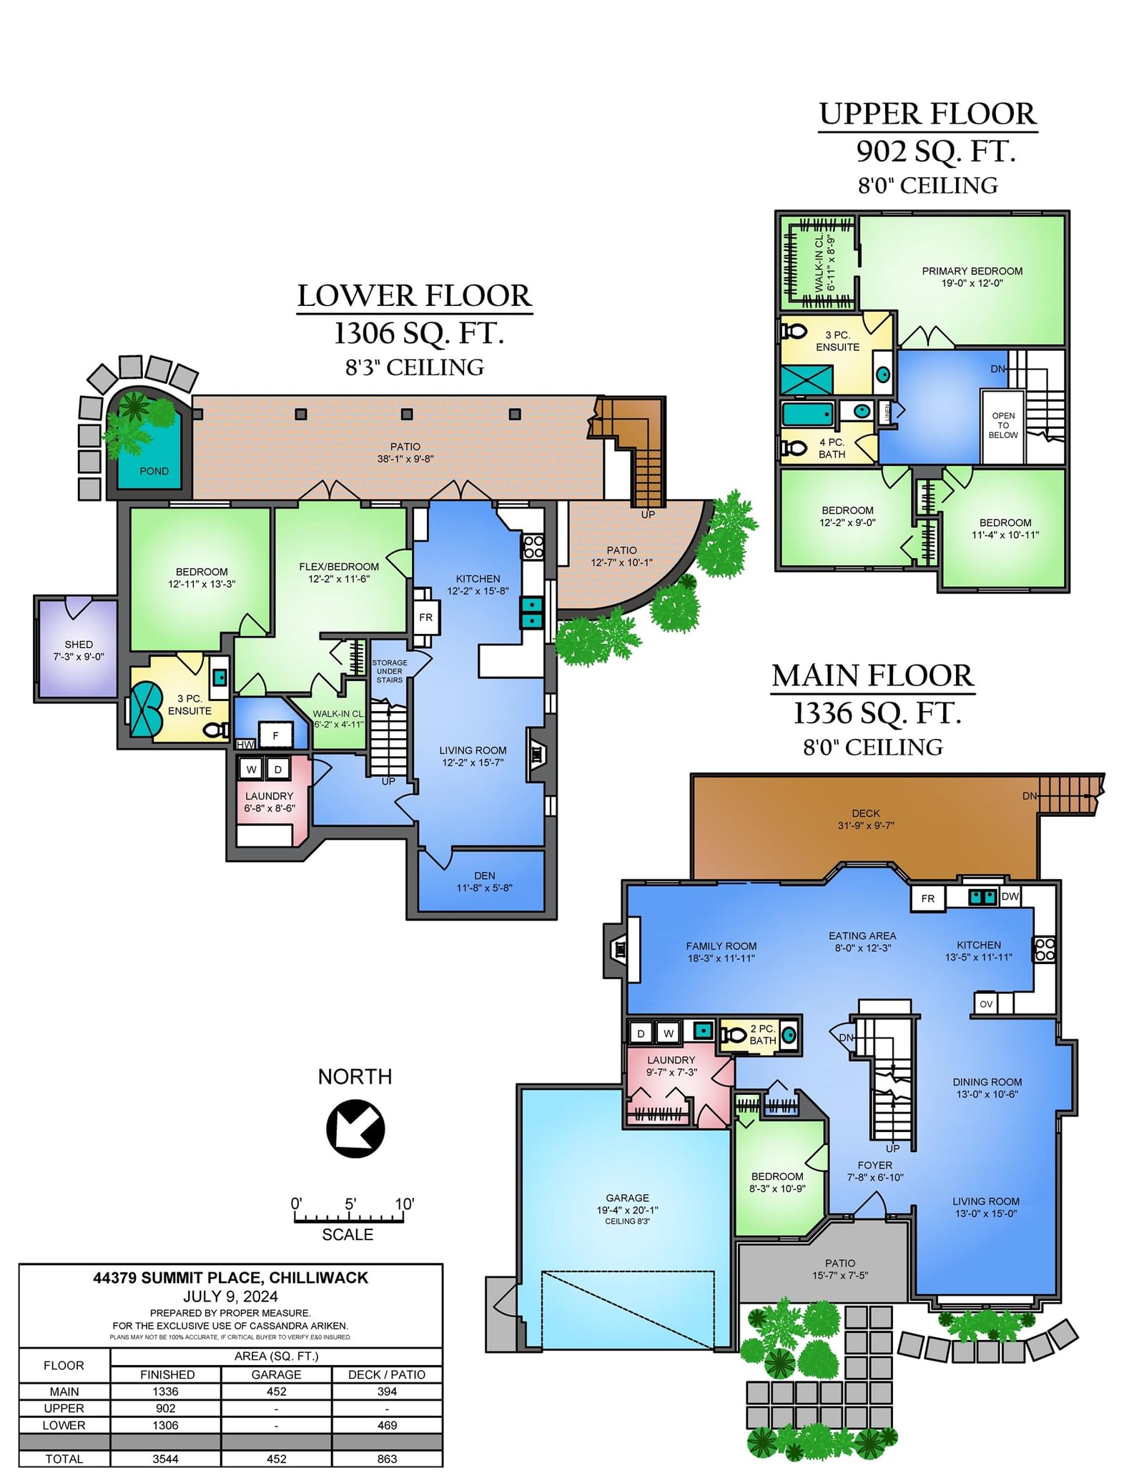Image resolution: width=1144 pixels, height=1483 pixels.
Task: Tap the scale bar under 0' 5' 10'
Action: [x=349, y=1218]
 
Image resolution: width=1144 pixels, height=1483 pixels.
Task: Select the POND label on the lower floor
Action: [x=154, y=471]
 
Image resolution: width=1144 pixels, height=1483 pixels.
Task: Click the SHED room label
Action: [x=79, y=644]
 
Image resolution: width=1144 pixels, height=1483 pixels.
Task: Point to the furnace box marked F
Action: [x=275, y=735]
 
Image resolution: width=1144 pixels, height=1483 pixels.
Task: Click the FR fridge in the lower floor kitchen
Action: [x=426, y=617]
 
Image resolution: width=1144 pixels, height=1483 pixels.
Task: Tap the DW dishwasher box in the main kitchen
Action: [x=1010, y=896]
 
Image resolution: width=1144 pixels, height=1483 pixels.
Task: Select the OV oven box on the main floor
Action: [x=986, y=1003]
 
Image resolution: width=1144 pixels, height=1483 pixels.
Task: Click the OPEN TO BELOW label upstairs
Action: [x=1003, y=425]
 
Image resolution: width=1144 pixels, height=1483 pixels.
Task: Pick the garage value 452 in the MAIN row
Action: [x=277, y=1392]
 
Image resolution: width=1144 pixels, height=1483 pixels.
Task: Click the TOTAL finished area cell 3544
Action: [x=166, y=1459]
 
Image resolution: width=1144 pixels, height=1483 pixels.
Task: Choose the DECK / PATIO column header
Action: [x=387, y=1374]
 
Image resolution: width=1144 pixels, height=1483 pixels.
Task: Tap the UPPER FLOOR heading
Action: [x=928, y=114]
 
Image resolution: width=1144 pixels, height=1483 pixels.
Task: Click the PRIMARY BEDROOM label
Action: [x=972, y=271]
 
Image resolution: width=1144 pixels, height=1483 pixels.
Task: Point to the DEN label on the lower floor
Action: [x=485, y=876]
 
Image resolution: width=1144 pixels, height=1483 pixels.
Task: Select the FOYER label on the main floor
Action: [x=875, y=1165]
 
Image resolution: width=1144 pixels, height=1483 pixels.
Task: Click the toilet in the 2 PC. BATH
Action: [x=733, y=1035]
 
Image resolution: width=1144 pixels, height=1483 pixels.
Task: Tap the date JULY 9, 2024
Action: [x=230, y=1296]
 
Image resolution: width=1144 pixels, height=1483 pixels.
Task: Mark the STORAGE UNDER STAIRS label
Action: [x=390, y=671]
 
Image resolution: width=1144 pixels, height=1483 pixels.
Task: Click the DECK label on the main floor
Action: [x=866, y=813]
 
